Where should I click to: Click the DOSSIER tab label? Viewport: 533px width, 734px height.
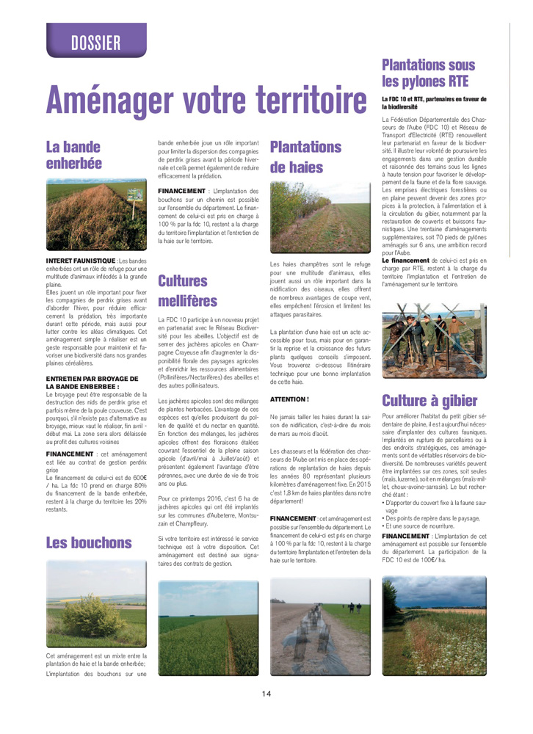[96, 43]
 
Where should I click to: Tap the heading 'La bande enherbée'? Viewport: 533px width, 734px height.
[74, 153]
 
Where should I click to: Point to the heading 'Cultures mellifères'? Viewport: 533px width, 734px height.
[184, 290]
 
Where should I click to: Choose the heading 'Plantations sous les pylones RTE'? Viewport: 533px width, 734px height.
[429, 73]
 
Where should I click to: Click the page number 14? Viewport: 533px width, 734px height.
[266, 694]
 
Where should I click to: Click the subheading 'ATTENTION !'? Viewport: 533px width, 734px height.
[290, 399]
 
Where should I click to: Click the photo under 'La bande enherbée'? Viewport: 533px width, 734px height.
[96, 214]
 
